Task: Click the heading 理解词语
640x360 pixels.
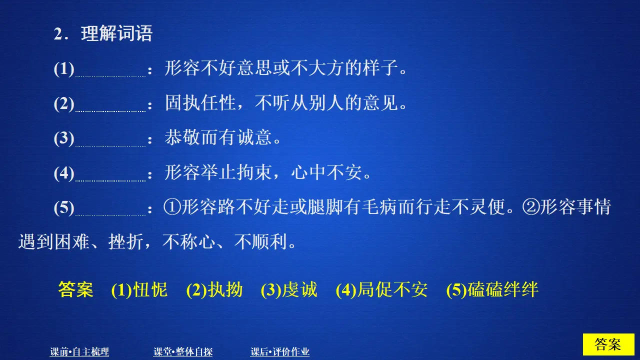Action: pyautogui.click(x=116, y=34)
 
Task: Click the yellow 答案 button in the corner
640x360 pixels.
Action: pyautogui.click(x=608, y=344)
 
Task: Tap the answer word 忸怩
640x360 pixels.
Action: pyautogui.click(x=150, y=290)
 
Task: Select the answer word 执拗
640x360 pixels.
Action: pyautogui.click(x=225, y=290)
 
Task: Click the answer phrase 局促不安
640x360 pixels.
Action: pyautogui.click(x=392, y=290)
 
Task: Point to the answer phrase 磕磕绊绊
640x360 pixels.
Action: pyautogui.click(x=503, y=290)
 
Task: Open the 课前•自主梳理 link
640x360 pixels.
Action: pyautogui.click(x=79, y=352)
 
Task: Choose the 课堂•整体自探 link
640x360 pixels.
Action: pyautogui.click(x=183, y=352)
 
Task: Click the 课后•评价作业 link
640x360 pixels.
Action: pyautogui.click(x=280, y=352)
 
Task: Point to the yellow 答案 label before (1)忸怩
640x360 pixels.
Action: pyautogui.click(x=76, y=290)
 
